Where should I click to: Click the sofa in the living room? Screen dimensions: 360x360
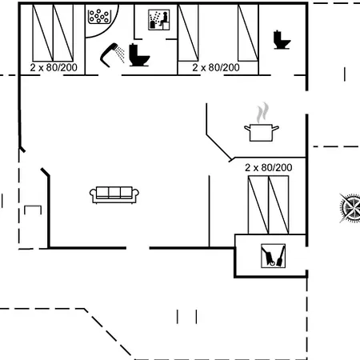pos(114,194)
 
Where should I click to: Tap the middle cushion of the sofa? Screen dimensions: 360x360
pos(114,193)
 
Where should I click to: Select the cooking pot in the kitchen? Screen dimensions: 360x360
pos(262,133)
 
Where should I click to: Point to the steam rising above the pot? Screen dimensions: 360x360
pos(262,112)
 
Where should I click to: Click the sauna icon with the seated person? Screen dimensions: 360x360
pos(159,19)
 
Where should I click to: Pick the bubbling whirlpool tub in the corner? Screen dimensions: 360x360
pos(99,17)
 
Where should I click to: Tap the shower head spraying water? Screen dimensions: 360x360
pos(113,54)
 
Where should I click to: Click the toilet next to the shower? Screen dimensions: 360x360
pos(139,55)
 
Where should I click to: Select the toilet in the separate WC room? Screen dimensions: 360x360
pos(282,40)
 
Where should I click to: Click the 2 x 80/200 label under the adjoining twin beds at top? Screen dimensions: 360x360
pos(54,67)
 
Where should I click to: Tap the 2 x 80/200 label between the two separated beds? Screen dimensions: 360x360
pos(216,67)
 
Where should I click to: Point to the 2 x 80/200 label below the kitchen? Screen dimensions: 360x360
pos(269,167)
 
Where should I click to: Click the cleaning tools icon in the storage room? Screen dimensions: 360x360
pos(273,256)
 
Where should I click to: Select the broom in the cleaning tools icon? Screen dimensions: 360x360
pos(281,257)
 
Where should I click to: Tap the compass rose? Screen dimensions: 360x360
pos(350,208)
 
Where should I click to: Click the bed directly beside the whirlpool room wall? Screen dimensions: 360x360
pos(63,33)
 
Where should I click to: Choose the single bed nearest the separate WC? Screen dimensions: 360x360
pos(248,33)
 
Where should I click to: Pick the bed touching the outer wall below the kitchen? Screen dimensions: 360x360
pos(278,205)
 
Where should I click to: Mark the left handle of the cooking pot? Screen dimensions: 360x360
pos(247,128)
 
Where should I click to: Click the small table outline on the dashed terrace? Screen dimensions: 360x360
pos(33,210)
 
